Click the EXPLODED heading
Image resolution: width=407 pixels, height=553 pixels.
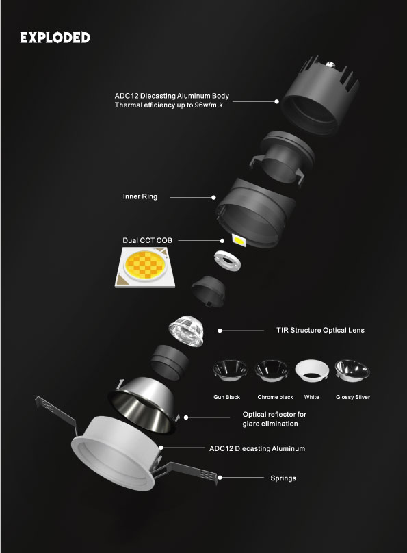[55, 38]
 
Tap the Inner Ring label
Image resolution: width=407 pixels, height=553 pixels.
[140, 196]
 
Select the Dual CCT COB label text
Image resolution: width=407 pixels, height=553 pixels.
[147, 240]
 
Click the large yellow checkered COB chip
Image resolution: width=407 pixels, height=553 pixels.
[145, 268]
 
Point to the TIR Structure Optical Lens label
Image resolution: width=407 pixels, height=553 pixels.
[320, 330]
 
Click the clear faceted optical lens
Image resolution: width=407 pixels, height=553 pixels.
[187, 331]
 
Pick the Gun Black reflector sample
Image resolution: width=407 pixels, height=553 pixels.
[230, 370]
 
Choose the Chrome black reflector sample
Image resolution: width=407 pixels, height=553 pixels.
[272, 370]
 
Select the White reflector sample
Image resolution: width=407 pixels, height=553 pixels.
[312, 371]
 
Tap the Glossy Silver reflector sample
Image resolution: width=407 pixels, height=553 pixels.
[352, 370]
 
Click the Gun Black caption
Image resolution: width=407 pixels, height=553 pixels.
[226, 397]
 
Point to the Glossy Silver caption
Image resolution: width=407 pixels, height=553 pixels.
[353, 397]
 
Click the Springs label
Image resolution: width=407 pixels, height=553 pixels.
[283, 478]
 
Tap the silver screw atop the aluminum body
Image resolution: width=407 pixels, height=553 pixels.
[330, 64]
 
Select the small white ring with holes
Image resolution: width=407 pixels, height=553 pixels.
[227, 260]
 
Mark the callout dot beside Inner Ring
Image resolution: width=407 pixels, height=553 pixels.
[213, 198]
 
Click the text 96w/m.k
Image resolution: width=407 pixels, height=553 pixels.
[209, 105]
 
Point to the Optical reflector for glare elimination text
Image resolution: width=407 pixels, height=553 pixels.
[274, 419]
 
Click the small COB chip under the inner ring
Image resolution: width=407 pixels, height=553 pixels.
[239, 240]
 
